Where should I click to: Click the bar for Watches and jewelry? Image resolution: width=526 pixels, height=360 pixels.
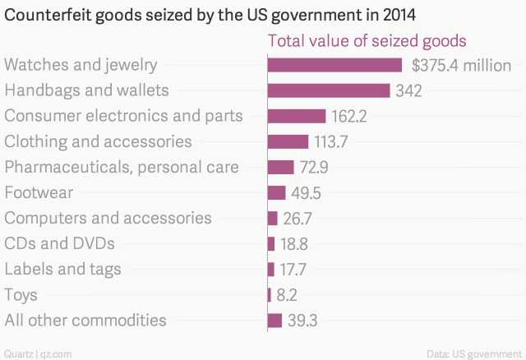coord(335,65)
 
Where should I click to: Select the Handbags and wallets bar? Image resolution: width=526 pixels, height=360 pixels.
coord(329,90)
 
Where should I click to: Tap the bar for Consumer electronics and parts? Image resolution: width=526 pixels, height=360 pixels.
coord(297,116)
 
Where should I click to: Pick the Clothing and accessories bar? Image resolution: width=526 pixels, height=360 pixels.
coord(288,141)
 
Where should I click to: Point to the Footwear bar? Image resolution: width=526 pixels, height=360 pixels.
coord(276,192)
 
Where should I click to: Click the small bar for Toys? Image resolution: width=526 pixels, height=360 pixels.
coord(269,294)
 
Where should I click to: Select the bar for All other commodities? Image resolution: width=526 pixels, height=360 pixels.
coord(275,320)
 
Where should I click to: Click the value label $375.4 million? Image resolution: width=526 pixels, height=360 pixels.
coord(461,65)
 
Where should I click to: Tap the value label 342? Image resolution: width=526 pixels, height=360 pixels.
coord(408,90)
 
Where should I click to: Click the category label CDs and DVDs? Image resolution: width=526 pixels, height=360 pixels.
coord(59,243)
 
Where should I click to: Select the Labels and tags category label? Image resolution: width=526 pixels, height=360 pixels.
coord(62,269)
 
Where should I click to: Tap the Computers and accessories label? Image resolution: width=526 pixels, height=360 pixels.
coord(108,218)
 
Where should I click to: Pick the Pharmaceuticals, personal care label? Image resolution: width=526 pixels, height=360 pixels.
coord(122,167)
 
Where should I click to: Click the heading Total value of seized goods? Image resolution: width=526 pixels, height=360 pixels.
coord(367,41)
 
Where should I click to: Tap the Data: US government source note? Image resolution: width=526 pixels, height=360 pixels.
coord(474,353)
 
